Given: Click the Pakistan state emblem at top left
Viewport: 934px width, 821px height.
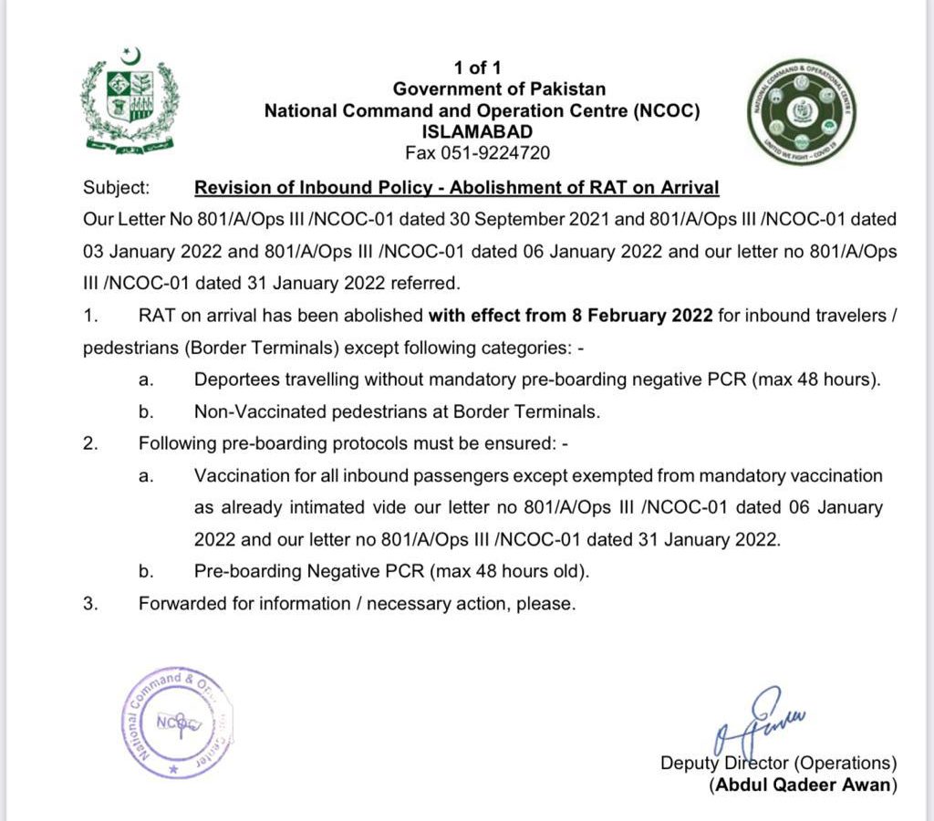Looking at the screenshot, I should (x=130, y=99).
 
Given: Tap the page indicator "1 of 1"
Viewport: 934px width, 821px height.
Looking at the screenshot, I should (x=477, y=68).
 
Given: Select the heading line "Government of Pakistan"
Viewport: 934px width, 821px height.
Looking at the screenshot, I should (x=499, y=89).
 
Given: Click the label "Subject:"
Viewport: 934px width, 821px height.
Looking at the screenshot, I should (x=116, y=187).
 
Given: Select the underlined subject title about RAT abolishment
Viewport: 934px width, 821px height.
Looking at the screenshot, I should (x=457, y=187).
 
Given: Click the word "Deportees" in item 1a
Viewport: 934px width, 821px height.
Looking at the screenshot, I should (x=233, y=379).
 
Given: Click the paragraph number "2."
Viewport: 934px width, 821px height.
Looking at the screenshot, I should (x=89, y=443).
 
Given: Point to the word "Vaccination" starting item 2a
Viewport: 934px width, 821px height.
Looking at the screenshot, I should (x=236, y=475).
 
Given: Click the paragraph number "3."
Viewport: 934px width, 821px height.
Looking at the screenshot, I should (x=89, y=603).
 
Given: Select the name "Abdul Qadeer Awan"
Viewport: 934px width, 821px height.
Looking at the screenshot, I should (x=803, y=785).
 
